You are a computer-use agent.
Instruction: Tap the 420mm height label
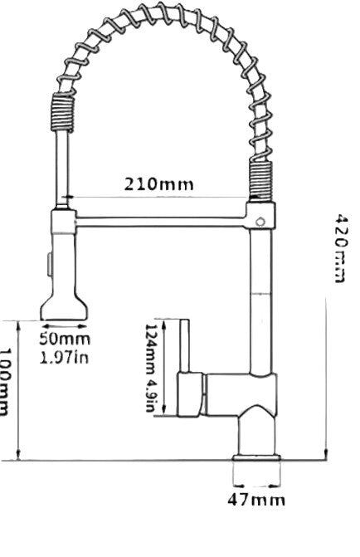(x=339, y=246)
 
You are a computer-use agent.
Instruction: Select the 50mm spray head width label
(x=66, y=339)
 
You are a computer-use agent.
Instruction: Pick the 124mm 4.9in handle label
(x=151, y=370)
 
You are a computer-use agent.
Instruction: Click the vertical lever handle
(x=186, y=349)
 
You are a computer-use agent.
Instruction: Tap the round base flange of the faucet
(x=256, y=458)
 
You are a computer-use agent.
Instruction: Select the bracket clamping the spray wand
(x=63, y=222)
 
